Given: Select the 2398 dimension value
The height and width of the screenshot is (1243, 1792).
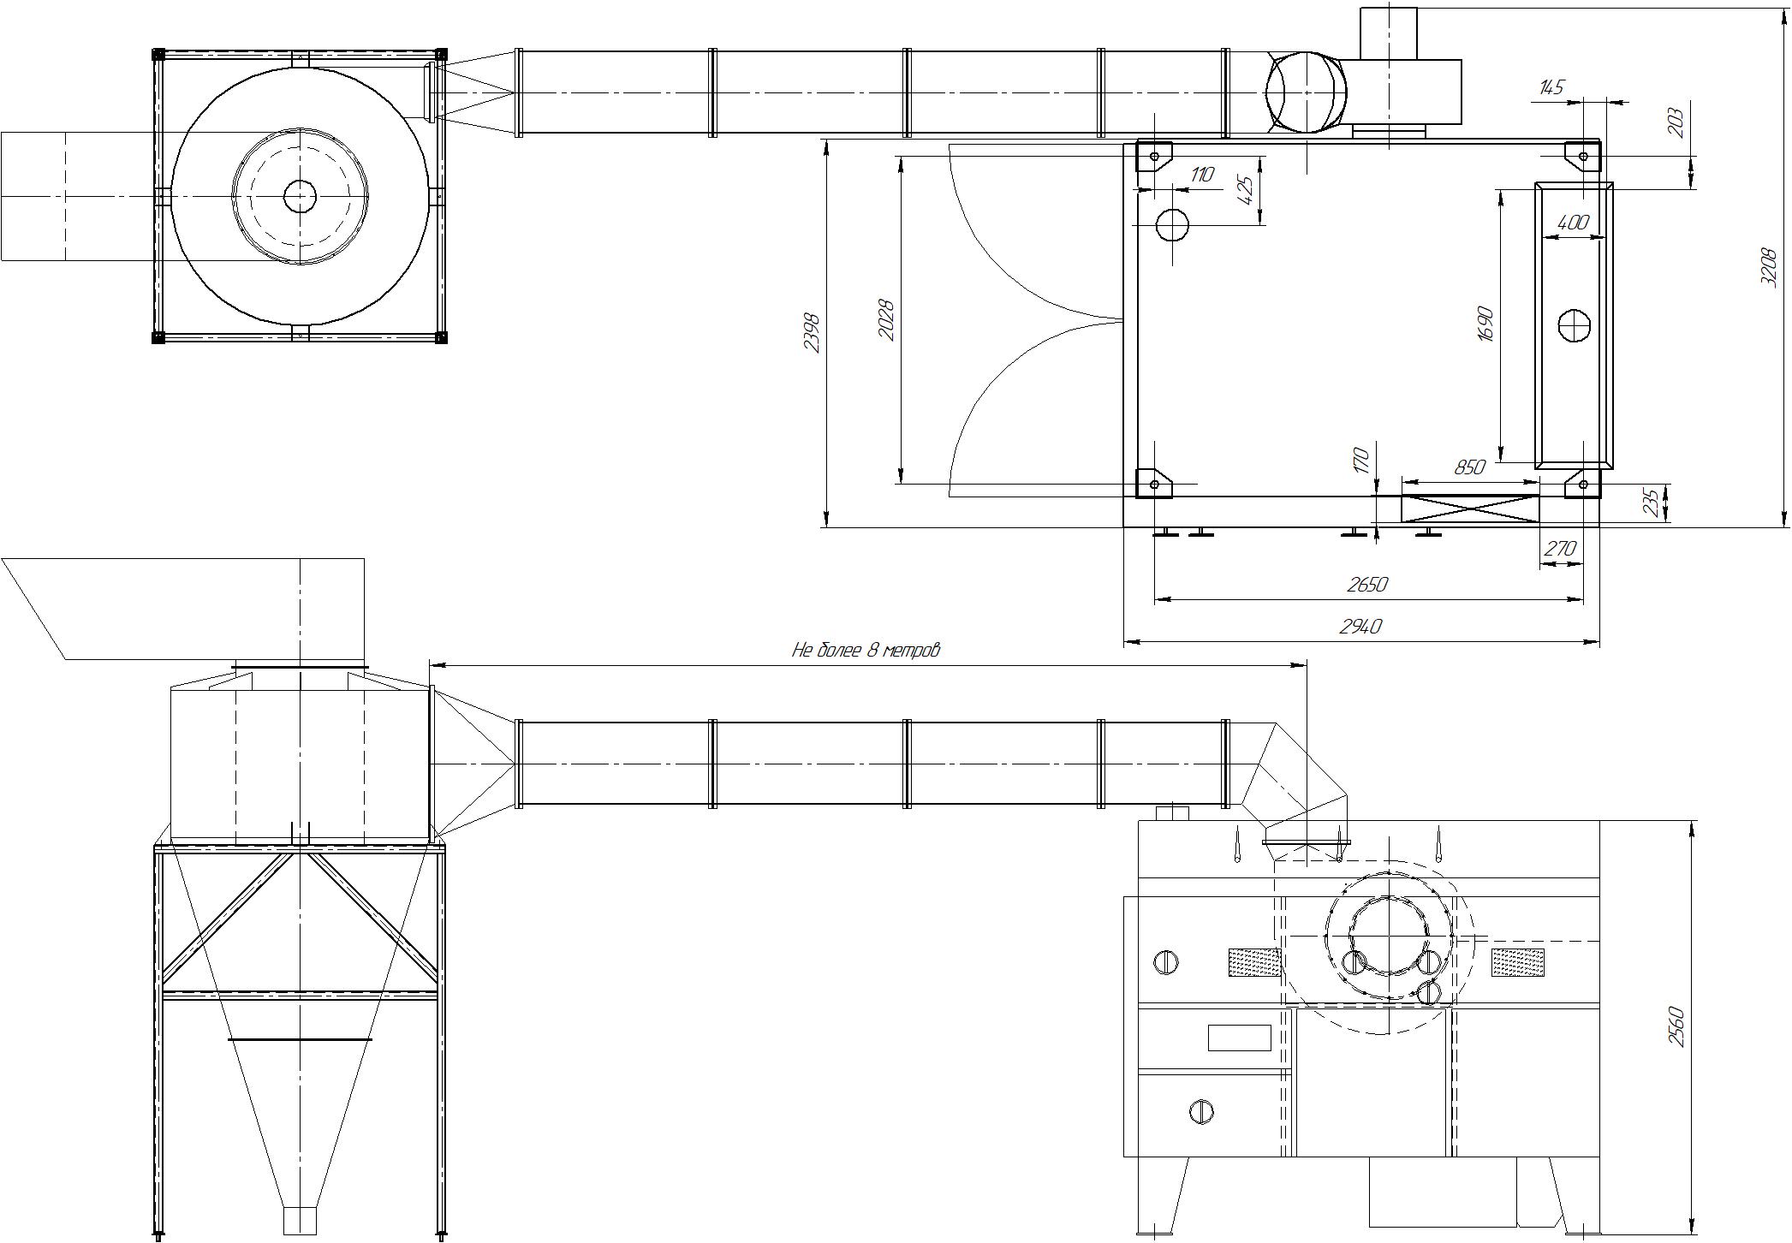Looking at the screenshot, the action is tap(812, 333).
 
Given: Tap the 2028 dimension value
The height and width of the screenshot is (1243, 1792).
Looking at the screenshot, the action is tap(887, 320).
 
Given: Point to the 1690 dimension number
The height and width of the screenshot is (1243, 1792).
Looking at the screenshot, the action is tap(1485, 324).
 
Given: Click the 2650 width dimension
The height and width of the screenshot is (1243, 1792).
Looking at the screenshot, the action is tap(1367, 585).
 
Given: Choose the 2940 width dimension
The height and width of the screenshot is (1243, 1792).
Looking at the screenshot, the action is tap(1360, 627).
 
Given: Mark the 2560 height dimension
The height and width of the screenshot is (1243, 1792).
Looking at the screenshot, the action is tap(1676, 1026).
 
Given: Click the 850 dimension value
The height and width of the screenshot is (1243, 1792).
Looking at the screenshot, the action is tap(1469, 468).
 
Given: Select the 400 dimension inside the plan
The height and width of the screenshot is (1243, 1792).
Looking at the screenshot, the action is tap(1573, 223).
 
